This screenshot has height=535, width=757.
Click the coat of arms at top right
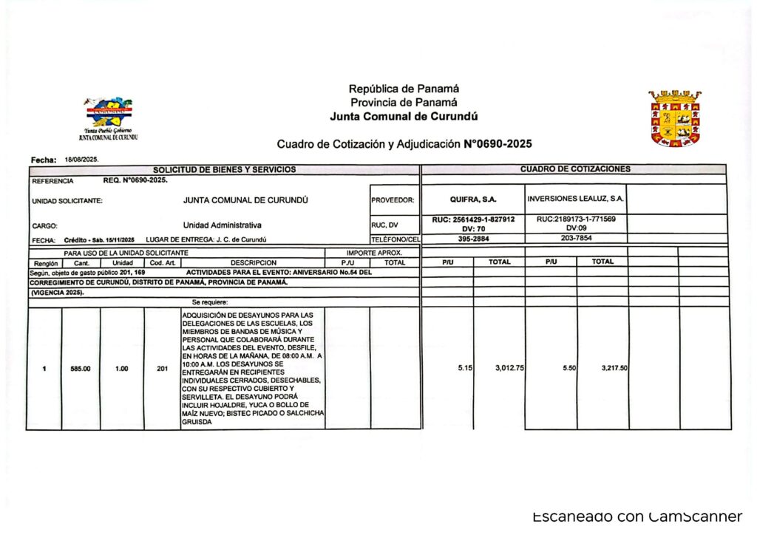click(675, 118)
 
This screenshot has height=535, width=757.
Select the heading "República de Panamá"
click(404, 89)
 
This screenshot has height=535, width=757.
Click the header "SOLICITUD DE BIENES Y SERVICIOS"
click(224, 169)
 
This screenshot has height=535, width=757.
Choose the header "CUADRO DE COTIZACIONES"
click(575, 169)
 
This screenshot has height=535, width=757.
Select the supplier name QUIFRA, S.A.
click(473, 200)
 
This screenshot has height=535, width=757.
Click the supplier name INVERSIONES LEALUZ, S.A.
click(576, 200)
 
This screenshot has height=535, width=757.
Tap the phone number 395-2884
click(472, 239)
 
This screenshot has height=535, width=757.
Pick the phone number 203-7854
click(576, 239)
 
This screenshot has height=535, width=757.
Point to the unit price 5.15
click(465, 368)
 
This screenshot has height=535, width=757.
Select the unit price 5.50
click(569, 368)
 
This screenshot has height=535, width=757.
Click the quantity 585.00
click(81, 369)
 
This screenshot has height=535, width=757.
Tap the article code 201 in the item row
click(163, 369)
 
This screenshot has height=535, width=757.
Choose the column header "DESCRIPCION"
click(254, 262)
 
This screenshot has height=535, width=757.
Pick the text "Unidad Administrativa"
click(222, 225)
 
